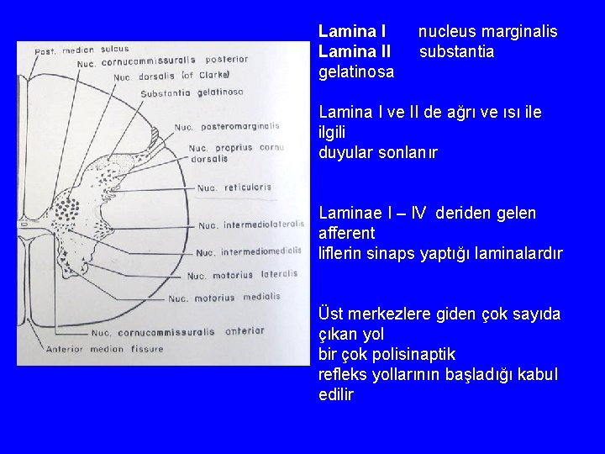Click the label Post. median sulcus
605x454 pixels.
[82, 50]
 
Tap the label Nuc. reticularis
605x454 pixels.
[235, 187]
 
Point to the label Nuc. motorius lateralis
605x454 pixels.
[242, 274]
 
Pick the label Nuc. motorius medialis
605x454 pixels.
[224, 297]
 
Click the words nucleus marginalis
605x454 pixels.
[487, 32]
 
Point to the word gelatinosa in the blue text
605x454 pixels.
[356, 72]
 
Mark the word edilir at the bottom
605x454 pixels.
[336, 394]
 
